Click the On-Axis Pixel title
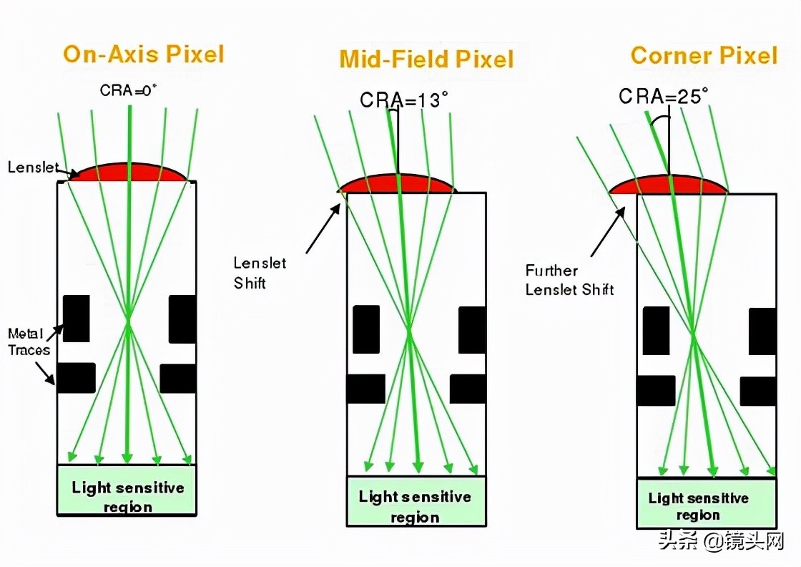pyautogui.click(x=143, y=54)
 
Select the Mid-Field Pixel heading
pyautogui.click(x=426, y=59)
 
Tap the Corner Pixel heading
pyautogui.click(x=704, y=56)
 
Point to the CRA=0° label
pyautogui.click(x=129, y=90)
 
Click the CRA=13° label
pyautogui.click(x=404, y=100)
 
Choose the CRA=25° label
pyautogui.click(x=664, y=96)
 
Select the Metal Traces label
pyautogui.click(x=28, y=341)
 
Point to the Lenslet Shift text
pyautogui.click(x=260, y=273)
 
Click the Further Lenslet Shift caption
pyautogui.click(x=569, y=280)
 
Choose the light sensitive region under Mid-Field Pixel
pyautogui.click(x=415, y=505)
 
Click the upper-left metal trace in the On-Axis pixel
pyautogui.click(x=77, y=319)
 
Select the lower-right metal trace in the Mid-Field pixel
pyautogui.click(x=468, y=389)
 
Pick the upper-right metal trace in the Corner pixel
pyautogui.click(x=762, y=331)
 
